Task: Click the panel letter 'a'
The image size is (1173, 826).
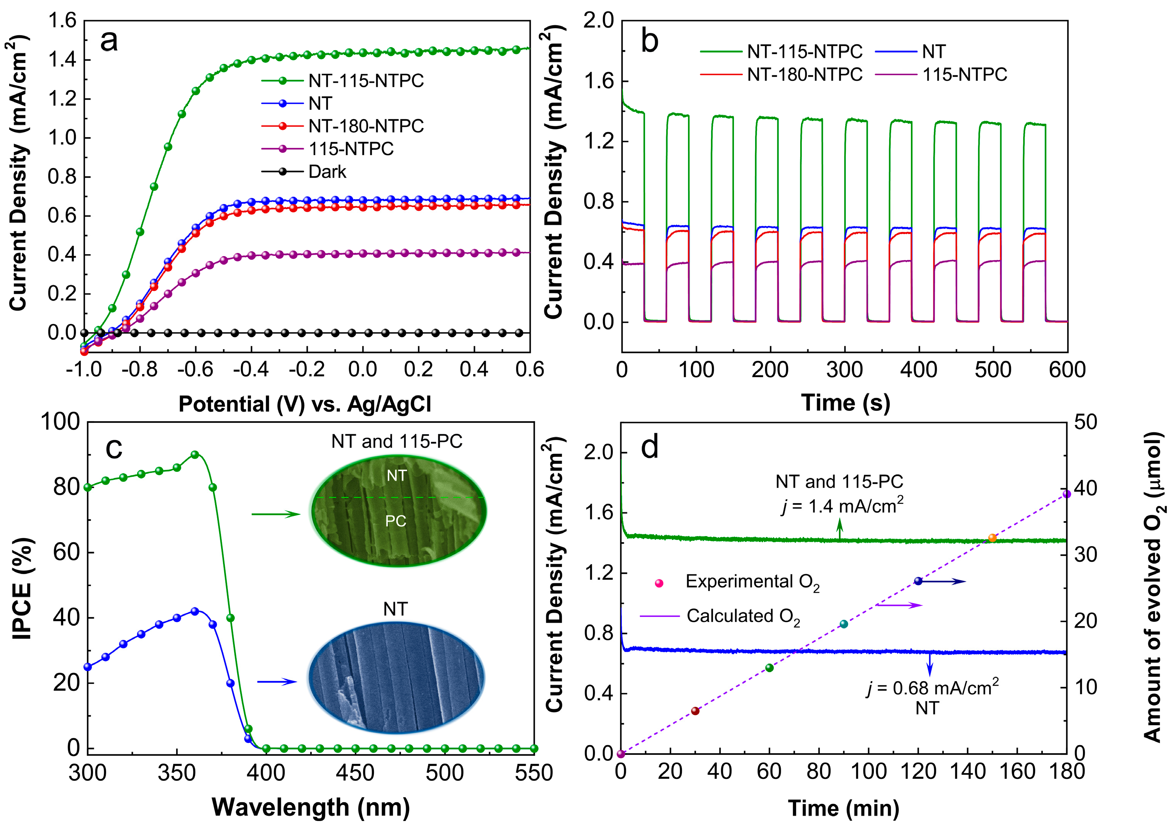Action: (109, 41)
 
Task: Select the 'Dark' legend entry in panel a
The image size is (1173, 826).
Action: (327, 172)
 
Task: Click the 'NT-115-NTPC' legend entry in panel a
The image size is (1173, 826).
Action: (366, 81)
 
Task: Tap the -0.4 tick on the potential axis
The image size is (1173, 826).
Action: (251, 369)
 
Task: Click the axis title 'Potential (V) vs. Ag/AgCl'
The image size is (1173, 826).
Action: (305, 404)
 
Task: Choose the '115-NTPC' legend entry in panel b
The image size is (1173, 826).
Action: (964, 75)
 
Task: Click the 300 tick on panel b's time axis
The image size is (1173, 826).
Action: (844, 369)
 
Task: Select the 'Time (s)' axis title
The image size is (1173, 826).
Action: (845, 402)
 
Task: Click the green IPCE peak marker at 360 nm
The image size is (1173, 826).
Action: (195, 455)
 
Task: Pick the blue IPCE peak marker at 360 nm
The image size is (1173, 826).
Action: (195, 611)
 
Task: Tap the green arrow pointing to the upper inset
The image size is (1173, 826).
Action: (276, 514)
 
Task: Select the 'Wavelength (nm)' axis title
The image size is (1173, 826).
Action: (311, 808)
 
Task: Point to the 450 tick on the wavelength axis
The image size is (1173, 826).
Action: (355, 773)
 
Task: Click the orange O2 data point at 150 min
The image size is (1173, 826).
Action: (992, 538)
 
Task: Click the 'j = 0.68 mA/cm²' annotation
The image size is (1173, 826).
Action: (933, 688)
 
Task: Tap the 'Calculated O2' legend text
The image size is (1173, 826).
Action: (743, 617)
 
